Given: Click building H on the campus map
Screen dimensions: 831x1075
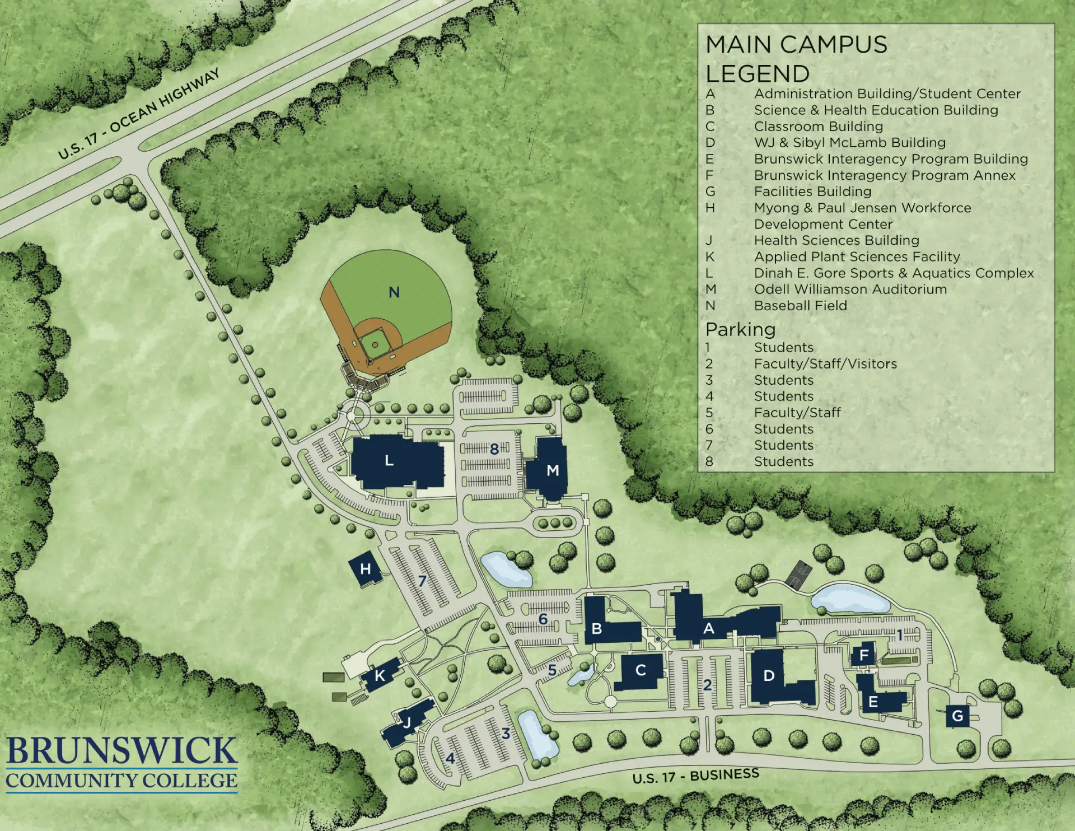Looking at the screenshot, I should (365, 569).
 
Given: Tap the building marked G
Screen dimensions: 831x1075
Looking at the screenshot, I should (957, 716).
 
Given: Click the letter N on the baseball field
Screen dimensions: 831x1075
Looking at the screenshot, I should (394, 292).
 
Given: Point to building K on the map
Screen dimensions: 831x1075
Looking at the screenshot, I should (380, 675).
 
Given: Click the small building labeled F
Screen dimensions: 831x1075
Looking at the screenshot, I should (863, 655).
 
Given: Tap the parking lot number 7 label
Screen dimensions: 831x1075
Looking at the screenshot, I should (422, 581).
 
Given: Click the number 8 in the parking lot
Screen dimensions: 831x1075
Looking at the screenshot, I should (494, 449).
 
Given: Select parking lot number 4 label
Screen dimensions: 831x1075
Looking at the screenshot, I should (450, 759).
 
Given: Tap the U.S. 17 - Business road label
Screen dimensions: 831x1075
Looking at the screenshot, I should (695, 776).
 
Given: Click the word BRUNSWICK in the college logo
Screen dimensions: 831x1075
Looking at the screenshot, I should (121, 751).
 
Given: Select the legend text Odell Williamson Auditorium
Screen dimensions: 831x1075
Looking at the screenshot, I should (850, 290).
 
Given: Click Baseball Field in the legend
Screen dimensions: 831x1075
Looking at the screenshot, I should (800, 306).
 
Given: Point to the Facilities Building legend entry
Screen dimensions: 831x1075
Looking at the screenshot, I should (812, 192).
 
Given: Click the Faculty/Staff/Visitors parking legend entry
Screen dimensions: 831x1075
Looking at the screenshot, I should (825, 364).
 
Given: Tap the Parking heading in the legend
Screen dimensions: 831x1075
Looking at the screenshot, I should (740, 329).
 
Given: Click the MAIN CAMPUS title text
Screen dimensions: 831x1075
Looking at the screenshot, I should (796, 45).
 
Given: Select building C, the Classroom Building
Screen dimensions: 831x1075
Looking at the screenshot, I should (641, 670).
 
